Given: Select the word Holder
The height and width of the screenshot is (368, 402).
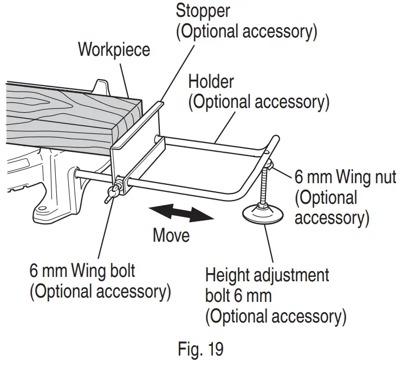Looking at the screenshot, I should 211,82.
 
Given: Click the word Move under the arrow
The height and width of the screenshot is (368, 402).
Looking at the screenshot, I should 171,236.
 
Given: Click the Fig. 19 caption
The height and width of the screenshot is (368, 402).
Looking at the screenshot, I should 200,349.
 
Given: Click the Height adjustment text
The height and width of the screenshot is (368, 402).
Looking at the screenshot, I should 267,275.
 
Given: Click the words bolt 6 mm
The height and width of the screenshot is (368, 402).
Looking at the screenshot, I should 238,295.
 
